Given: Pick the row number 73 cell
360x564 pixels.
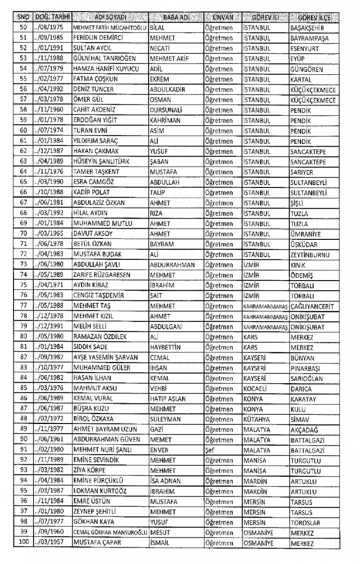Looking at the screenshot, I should pyautogui.click(x=24, y=265).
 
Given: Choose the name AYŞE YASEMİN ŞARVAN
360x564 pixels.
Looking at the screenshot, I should pyautogui.click(x=105, y=357).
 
